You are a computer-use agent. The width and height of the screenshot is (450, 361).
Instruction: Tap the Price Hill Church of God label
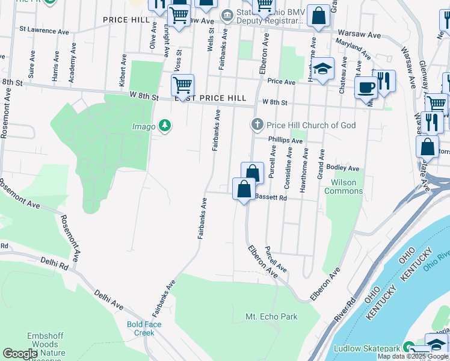point(311,125)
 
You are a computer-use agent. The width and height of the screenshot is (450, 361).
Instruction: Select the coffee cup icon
point(365,88)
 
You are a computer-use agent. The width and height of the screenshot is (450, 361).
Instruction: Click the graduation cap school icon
point(322,70)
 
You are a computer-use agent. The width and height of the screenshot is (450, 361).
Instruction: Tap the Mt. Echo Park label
point(271,316)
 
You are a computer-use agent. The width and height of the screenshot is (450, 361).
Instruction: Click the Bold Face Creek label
point(144,329)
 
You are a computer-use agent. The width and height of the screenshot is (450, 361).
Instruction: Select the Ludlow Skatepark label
point(368,348)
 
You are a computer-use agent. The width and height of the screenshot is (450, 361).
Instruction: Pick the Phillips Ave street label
point(285,140)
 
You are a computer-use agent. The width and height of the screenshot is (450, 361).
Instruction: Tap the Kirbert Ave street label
point(122,72)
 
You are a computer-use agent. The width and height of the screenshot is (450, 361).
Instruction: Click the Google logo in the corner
point(20,354)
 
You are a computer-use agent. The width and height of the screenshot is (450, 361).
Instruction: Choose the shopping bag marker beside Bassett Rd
point(244,190)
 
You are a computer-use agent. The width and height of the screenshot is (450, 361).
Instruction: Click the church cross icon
point(257,125)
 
